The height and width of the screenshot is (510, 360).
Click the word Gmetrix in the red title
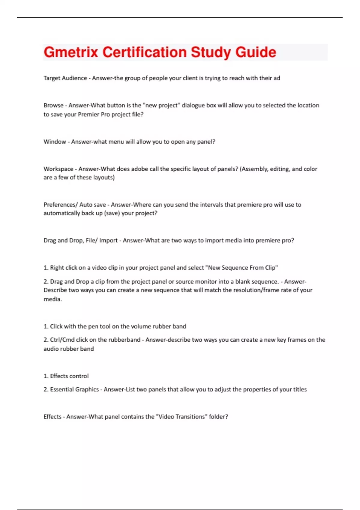click(71, 52)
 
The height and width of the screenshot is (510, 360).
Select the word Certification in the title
click(145, 52)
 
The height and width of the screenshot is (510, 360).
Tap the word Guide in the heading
click(256, 52)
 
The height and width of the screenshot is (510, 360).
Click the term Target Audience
click(65, 78)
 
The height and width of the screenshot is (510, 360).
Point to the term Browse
click(53, 105)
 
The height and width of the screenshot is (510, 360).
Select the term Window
click(55, 142)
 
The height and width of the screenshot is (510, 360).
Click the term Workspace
click(58, 169)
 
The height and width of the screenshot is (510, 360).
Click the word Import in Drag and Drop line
click(108, 240)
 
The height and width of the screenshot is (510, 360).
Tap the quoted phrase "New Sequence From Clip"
click(243, 268)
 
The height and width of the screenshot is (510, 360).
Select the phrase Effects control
click(69, 376)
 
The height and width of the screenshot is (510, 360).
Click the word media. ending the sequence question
click(53, 299)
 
